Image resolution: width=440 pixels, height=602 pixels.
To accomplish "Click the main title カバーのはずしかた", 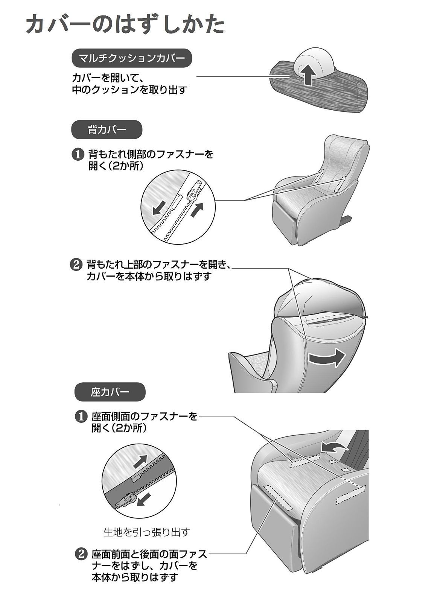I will click(x=125, y=26).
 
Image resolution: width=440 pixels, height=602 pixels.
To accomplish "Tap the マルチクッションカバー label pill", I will click(x=132, y=58).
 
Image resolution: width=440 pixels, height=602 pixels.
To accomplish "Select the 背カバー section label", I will click(x=107, y=130).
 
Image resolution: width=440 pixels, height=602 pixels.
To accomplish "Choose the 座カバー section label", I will click(x=110, y=392).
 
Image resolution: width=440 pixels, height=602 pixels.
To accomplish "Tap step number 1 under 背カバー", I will click(x=77, y=155).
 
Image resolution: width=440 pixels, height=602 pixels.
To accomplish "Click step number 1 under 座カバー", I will click(x=81, y=417).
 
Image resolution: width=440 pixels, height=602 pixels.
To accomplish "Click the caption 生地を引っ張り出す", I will click(x=147, y=532).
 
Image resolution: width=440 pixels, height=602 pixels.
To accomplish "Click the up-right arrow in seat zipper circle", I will click(x=141, y=461).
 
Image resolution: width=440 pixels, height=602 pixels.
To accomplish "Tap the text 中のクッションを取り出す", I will click(x=129, y=90).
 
